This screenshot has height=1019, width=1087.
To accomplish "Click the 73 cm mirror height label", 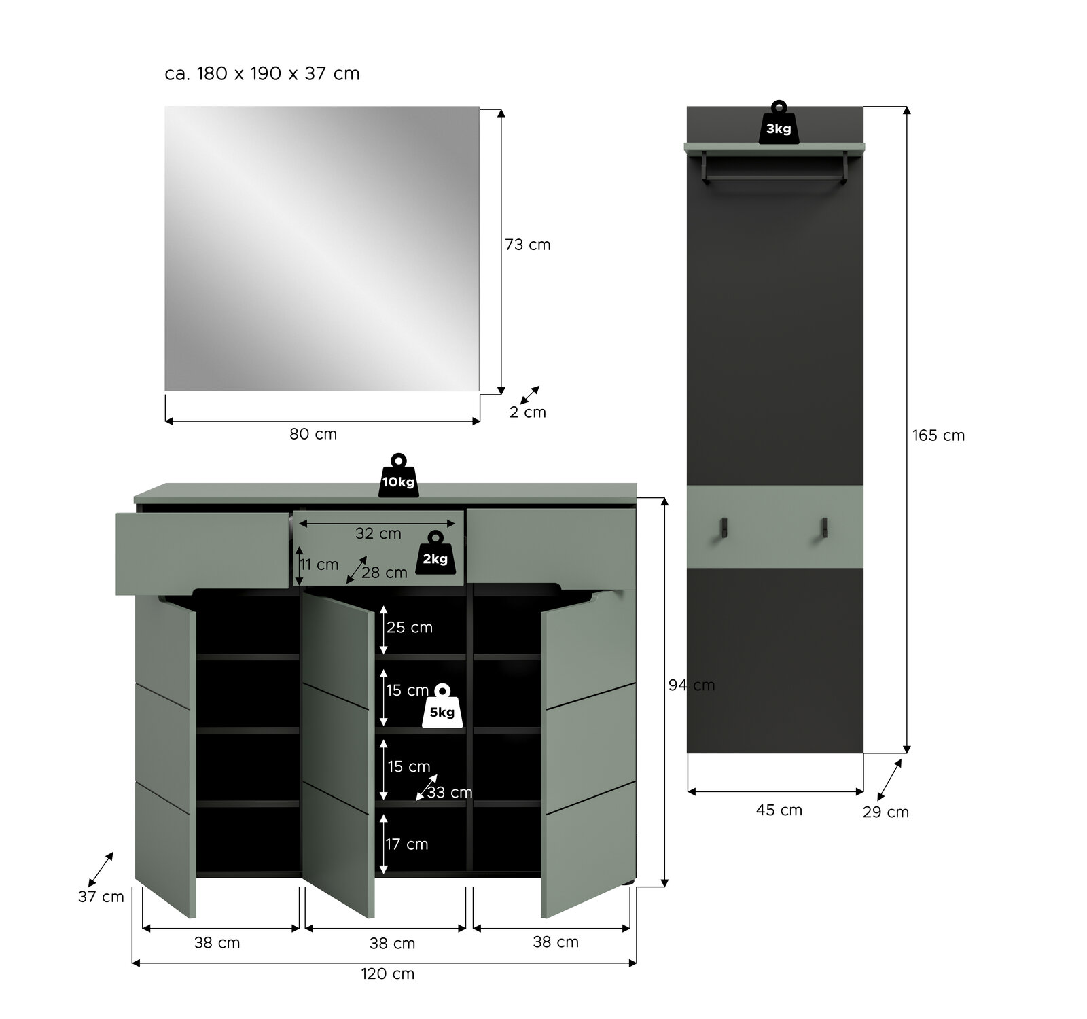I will click(x=528, y=245).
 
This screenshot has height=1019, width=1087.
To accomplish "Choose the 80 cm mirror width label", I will click(x=313, y=434).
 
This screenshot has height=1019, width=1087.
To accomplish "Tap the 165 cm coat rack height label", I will click(x=938, y=435).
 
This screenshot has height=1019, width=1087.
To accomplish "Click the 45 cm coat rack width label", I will click(x=779, y=810).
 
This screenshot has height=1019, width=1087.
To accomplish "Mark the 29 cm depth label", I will click(x=886, y=812).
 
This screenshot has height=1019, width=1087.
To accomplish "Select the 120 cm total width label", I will click(x=387, y=973).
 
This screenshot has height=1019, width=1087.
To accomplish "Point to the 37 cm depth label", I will click(x=101, y=897).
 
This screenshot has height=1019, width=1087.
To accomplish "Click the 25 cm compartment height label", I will click(x=410, y=628).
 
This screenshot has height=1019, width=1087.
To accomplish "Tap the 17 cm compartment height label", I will click(x=407, y=844).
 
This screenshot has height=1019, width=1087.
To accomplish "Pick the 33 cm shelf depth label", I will click(x=450, y=793).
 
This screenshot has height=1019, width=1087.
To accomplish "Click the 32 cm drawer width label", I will click(x=378, y=533).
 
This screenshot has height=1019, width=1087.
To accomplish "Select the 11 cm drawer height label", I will click(x=319, y=565).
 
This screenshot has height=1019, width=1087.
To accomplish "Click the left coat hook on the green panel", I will click(x=724, y=527).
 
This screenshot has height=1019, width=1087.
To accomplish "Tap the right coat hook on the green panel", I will click(x=824, y=527).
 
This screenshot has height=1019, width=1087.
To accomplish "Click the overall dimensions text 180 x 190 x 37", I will click(x=262, y=73).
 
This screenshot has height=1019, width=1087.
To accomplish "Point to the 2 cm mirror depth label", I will click(x=528, y=412).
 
